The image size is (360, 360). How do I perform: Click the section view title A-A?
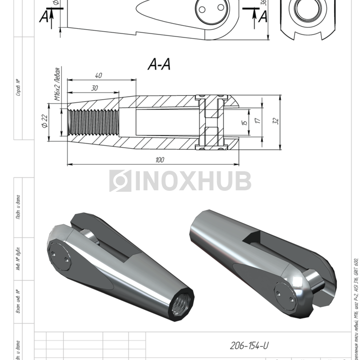pyautogui.click(x=159, y=64)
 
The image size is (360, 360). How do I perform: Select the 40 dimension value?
pyautogui.click(x=98, y=76)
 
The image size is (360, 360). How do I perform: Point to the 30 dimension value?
pyautogui.click(x=94, y=88)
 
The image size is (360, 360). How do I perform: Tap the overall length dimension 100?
pyautogui.click(x=159, y=160)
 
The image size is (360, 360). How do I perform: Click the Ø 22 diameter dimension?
pyautogui.click(x=45, y=121)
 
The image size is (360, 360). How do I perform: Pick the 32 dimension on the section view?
pyautogui.click(x=276, y=121)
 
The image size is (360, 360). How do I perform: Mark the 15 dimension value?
pyautogui.click(x=245, y=122)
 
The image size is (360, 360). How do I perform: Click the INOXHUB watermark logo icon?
pyautogui.click(x=120, y=181)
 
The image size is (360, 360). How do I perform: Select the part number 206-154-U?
pyautogui.click(x=249, y=346)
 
